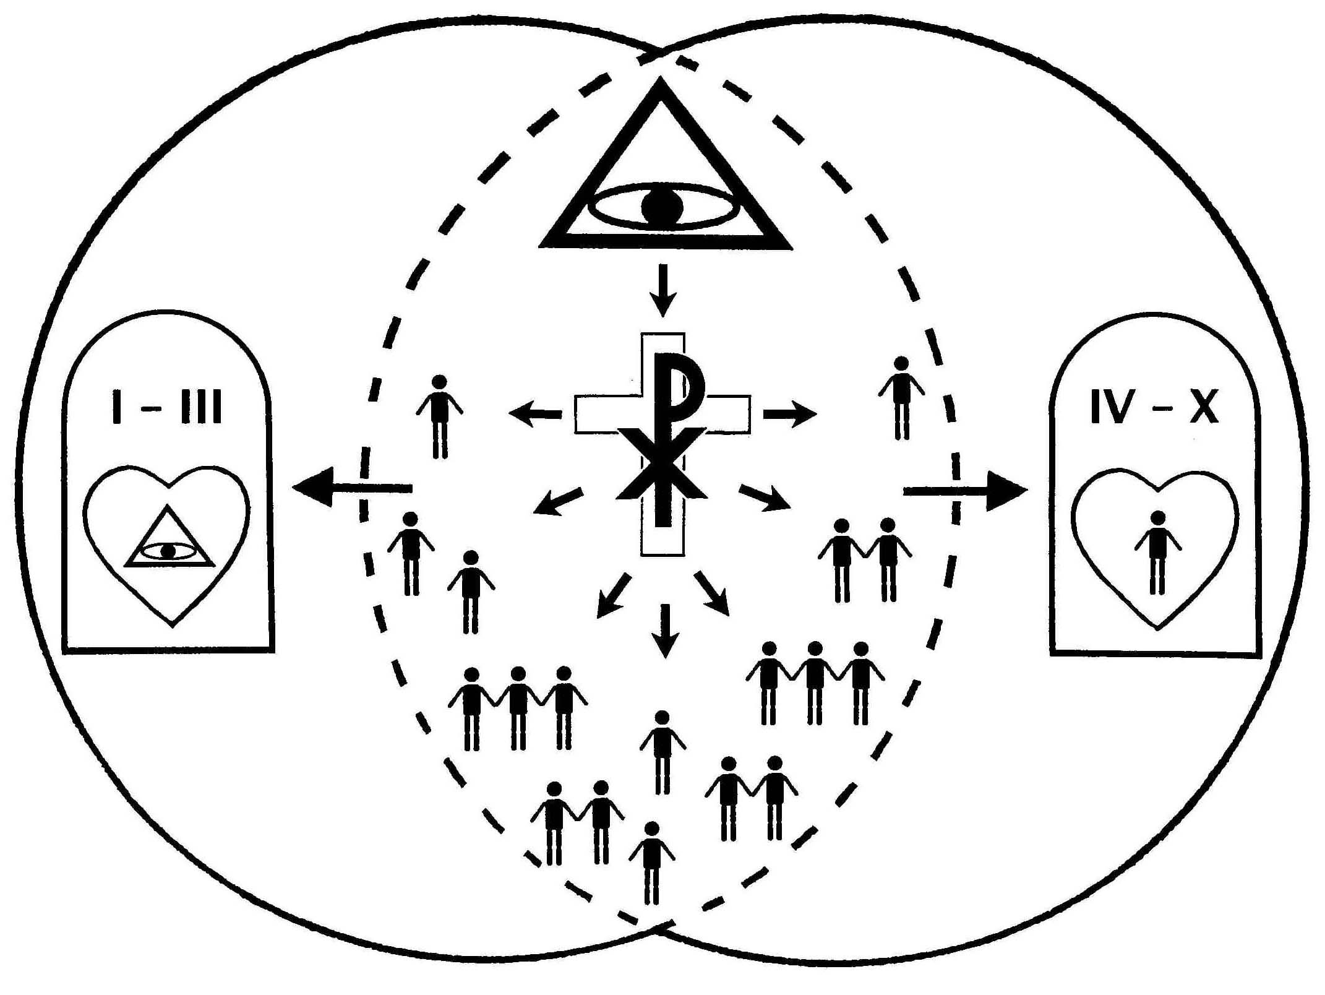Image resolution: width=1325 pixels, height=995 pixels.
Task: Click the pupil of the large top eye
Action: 662,207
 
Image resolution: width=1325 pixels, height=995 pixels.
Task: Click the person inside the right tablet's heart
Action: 1157,551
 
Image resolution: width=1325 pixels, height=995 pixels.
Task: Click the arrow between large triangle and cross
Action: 663,290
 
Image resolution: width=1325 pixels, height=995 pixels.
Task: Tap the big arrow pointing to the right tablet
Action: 965,491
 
